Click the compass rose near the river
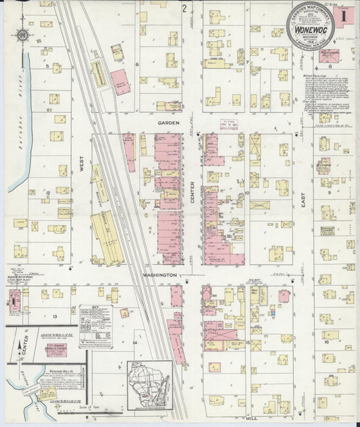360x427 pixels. pos(23,36)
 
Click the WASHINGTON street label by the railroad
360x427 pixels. pos(159,276)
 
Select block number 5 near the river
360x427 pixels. pos(47,66)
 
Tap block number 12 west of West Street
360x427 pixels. pos(48,193)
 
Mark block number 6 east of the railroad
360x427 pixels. pos(136,65)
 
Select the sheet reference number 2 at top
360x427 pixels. pos(184,9)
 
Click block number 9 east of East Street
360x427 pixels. pos(328,192)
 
